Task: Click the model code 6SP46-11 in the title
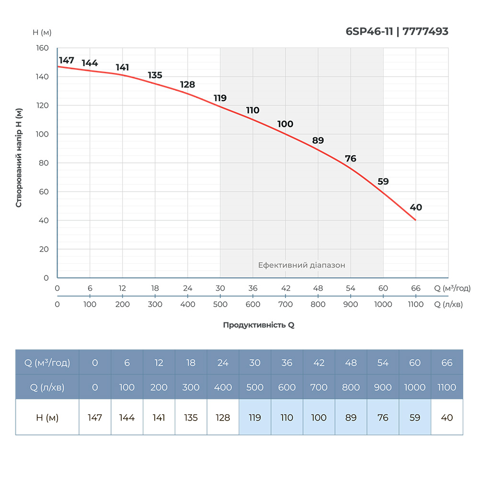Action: click(369, 32)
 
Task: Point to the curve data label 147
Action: click(67, 60)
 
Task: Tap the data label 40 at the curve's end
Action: click(416, 207)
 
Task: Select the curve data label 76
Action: click(351, 159)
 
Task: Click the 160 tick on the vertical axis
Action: click(43, 48)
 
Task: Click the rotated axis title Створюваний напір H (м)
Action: click(19, 158)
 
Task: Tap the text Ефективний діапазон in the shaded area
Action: click(301, 265)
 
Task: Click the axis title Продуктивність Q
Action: click(259, 325)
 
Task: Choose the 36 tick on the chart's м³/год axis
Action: click(253, 288)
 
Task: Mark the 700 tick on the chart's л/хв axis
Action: click(285, 304)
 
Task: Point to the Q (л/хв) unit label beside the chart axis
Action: click(448, 304)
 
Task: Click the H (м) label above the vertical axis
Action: click(42, 33)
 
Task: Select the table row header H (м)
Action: click(47, 418)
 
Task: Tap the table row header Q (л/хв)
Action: click(47, 387)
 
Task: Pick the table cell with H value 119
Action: click(255, 418)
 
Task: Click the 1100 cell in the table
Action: click(447, 387)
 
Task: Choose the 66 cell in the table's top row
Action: click(447, 363)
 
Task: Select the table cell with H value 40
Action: click(447, 418)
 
